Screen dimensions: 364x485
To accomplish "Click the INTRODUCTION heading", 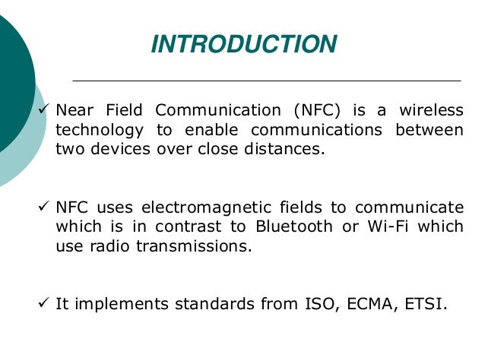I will pos(243,44).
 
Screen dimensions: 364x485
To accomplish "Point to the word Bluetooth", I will pos(294,227).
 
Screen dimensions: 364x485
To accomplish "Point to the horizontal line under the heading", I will pos(266,80).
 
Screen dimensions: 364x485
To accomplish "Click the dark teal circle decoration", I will pos(11,76).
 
